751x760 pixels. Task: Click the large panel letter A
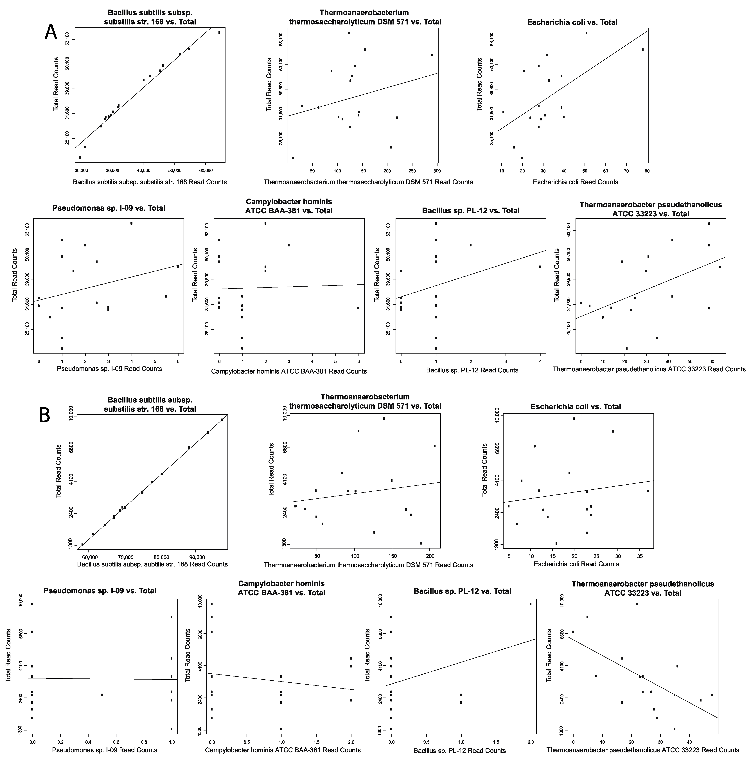coord(51,32)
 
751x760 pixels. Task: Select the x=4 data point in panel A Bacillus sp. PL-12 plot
coord(540,267)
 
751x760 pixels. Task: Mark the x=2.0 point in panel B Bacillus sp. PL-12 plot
coord(530,604)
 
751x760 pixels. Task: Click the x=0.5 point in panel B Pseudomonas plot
coord(102,695)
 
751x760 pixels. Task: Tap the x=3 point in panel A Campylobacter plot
coord(289,245)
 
